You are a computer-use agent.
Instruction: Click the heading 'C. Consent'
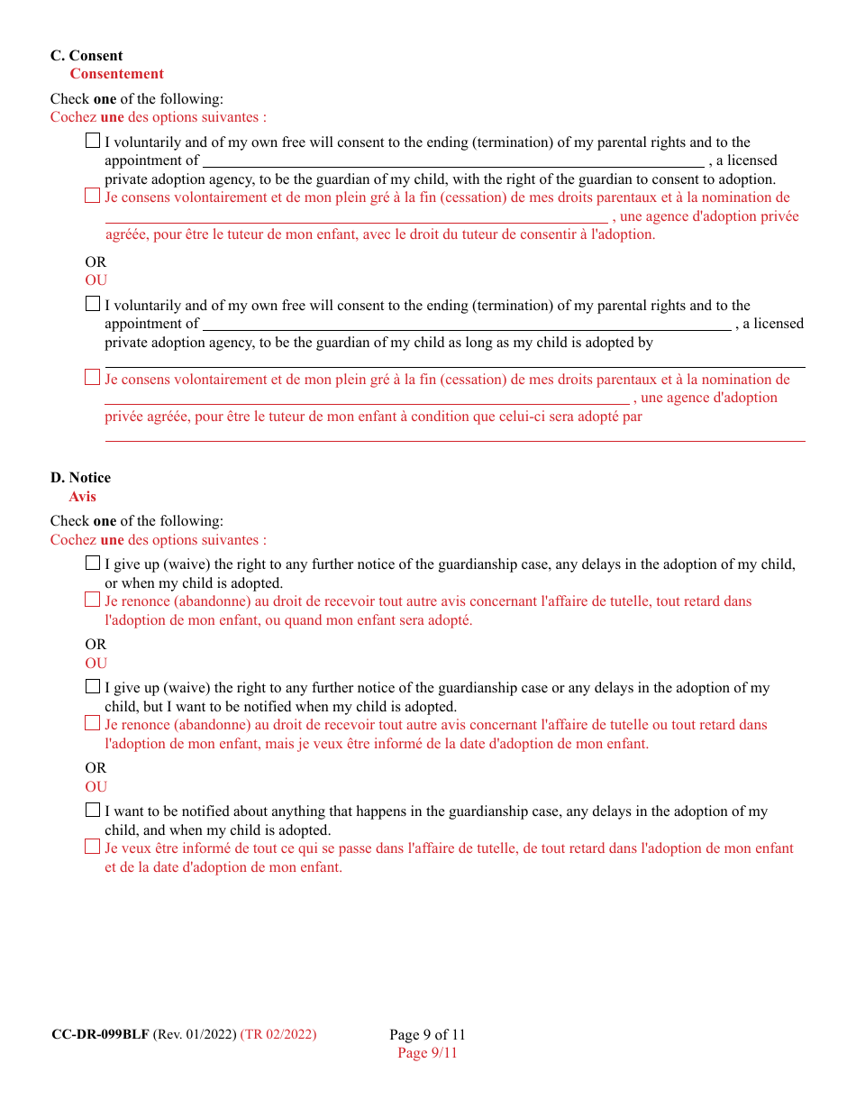tap(87, 56)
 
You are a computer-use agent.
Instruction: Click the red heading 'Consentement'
tap(116, 74)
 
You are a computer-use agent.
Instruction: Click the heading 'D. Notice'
tap(80, 478)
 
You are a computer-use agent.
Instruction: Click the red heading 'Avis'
tap(82, 497)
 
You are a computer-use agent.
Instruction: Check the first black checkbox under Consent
tap(93, 141)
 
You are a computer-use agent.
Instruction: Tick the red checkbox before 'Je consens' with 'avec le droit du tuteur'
tap(93, 196)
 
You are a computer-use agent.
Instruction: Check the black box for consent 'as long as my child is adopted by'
tap(93, 304)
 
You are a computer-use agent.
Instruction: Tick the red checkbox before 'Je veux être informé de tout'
tap(93, 847)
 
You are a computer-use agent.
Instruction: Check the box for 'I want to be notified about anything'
tap(93, 810)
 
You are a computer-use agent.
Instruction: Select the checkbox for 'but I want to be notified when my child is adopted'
tap(93, 686)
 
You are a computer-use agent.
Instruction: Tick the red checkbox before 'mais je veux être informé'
tap(93, 723)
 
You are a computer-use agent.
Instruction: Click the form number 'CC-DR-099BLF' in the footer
tap(100, 1034)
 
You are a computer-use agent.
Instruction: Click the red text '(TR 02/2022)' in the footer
tap(278, 1034)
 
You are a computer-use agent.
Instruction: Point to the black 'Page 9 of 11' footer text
tap(427, 1034)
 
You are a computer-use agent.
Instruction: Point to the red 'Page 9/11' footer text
tap(427, 1053)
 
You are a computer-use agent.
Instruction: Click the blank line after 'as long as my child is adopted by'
tap(455, 362)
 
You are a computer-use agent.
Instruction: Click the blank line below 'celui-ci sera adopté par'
tap(455, 436)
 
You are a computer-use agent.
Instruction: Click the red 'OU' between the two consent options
tap(96, 280)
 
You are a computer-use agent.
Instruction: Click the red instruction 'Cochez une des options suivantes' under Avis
tap(159, 540)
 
